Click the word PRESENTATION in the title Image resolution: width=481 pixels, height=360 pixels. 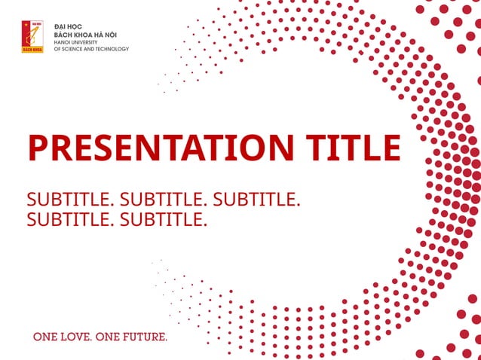(155, 148)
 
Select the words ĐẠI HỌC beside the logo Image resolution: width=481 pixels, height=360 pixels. (68, 27)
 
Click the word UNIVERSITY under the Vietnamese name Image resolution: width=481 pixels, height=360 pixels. (86, 42)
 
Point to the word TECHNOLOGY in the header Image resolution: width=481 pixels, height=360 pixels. (112, 49)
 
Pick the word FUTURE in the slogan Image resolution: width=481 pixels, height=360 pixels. (142, 337)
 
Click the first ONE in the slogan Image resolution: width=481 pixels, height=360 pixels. (43, 337)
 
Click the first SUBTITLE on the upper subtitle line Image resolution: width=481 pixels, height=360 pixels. (70, 200)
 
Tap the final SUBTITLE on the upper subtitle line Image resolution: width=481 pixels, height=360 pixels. (257, 200)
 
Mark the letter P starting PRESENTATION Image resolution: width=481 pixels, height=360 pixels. (37, 148)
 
